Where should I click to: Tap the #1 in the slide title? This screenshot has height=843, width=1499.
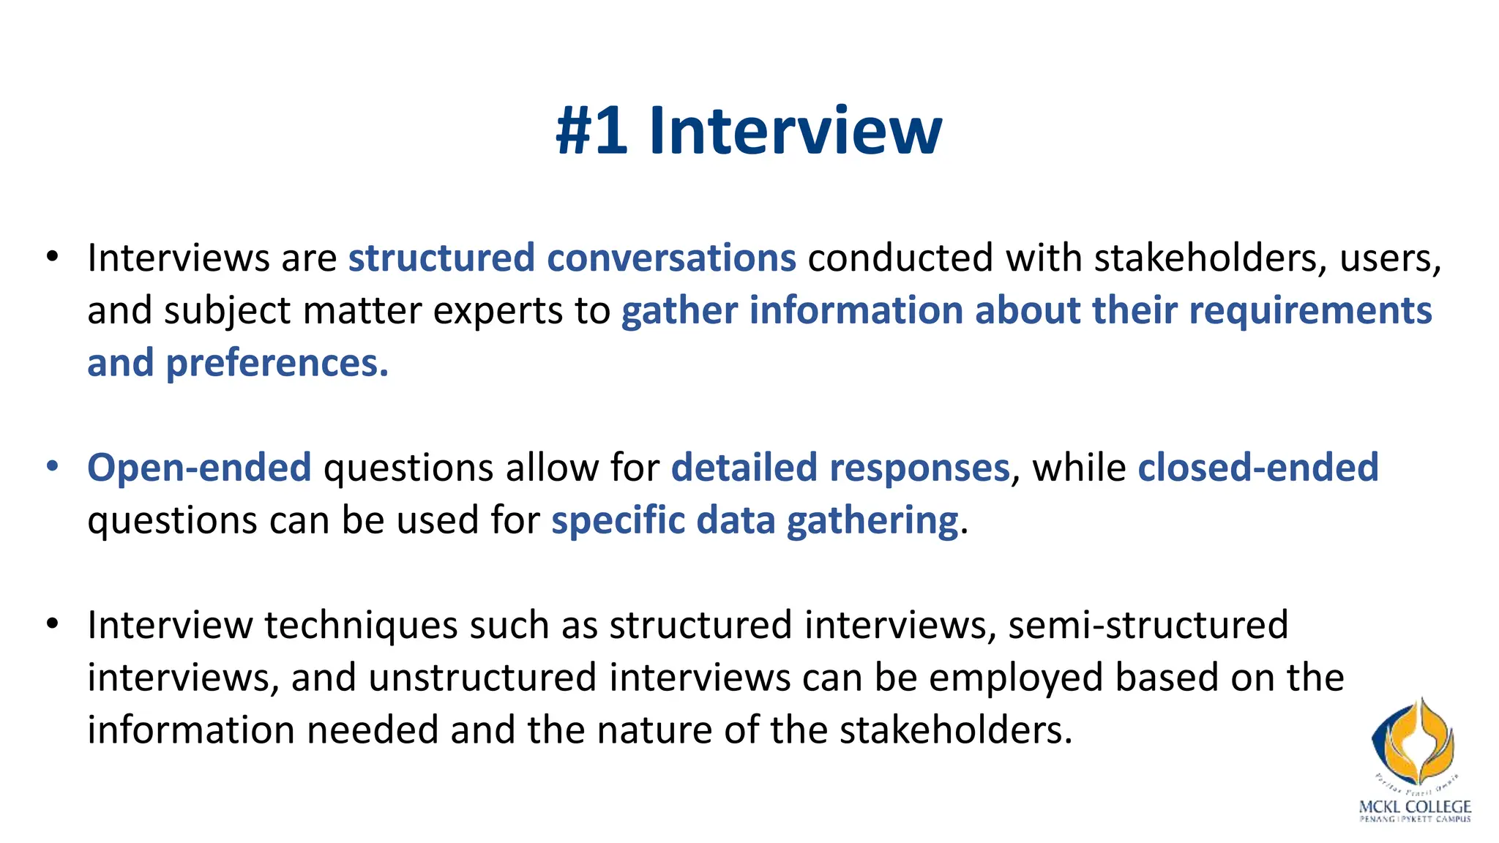[591, 131]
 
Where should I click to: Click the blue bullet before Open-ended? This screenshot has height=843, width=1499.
[51, 466]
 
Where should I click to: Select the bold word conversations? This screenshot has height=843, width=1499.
[671, 258]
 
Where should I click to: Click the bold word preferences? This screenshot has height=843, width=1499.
[277, 364]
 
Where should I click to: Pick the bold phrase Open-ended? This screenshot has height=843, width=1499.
[199, 468]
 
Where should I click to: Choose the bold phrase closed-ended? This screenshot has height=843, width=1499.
[1257, 468]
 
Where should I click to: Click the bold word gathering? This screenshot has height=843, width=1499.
[872, 521]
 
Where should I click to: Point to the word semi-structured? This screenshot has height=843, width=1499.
[1148, 626]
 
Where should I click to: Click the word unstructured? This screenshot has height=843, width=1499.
[483, 678]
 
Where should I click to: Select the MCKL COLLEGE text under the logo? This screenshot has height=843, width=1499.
[1414, 807]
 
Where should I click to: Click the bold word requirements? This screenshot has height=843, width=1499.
[1310, 311]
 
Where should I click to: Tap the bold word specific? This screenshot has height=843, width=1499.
[617, 521]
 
